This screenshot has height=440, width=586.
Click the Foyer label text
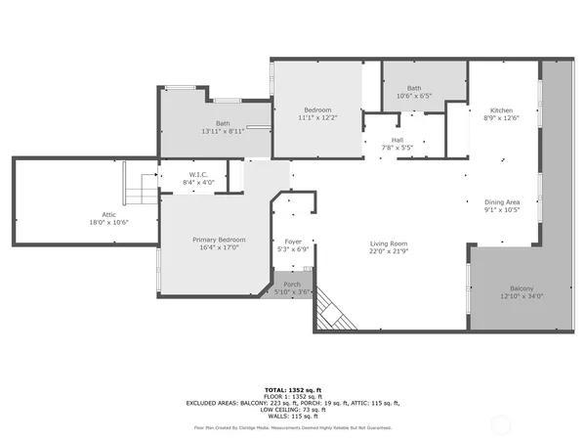pyautogui.click(x=293, y=241)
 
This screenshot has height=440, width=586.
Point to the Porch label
pyautogui.click(x=292, y=285)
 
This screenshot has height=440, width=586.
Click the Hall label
pyautogui.click(x=398, y=141)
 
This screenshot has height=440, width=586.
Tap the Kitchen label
pyautogui.click(x=502, y=110)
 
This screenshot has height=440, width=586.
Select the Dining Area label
pyautogui.click(x=502, y=202)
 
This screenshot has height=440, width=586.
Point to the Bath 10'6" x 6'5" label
pyautogui.click(x=414, y=89)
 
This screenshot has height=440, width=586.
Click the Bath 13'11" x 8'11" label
pyautogui.click(x=223, y=123)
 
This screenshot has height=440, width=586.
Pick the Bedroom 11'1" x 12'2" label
pyautogui.click(x=317, y=110)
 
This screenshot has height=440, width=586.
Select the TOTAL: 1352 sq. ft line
pyautogui.click(x=293, y=388)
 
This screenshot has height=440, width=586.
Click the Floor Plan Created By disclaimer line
pyautogui.click(x=293, y=428)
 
